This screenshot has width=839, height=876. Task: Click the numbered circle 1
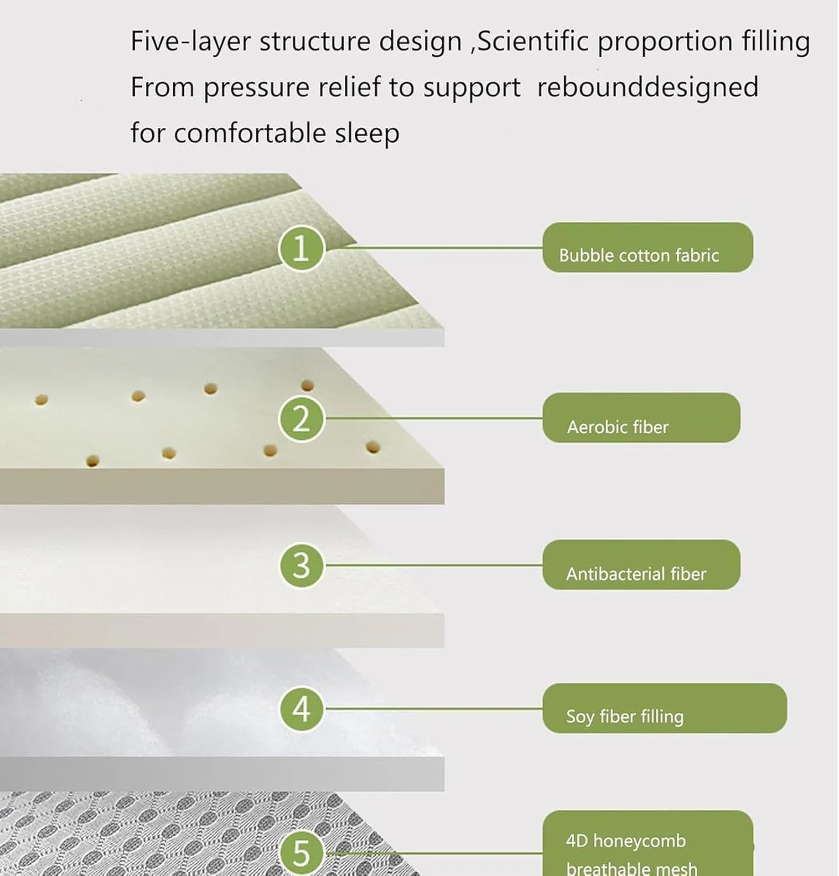pos(301,248)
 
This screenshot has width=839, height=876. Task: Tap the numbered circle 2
pos(301,418)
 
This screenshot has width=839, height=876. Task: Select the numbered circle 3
pos(301,565)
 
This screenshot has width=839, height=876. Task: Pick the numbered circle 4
pos(301,708)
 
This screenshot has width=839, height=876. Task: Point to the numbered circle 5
pos(301,853)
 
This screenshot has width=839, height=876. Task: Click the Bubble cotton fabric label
pos(648,247)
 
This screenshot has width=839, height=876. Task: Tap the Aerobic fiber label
pos(641,418)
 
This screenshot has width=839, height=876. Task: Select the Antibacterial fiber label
pos(641,564)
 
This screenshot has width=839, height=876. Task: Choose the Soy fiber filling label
pos(665,708)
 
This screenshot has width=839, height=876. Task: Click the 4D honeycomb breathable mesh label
pos(648,843)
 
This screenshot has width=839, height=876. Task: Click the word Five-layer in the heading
pos(191,41)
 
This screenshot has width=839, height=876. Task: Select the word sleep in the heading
pos(367,134)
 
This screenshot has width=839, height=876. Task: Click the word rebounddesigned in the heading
pos(648,88)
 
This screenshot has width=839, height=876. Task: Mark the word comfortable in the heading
pos(250,133)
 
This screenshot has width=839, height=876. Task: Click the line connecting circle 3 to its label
pos(434,565)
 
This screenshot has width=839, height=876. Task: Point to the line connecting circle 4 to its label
pos(434,708)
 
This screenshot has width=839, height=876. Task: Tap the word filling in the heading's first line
pos(776,42)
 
